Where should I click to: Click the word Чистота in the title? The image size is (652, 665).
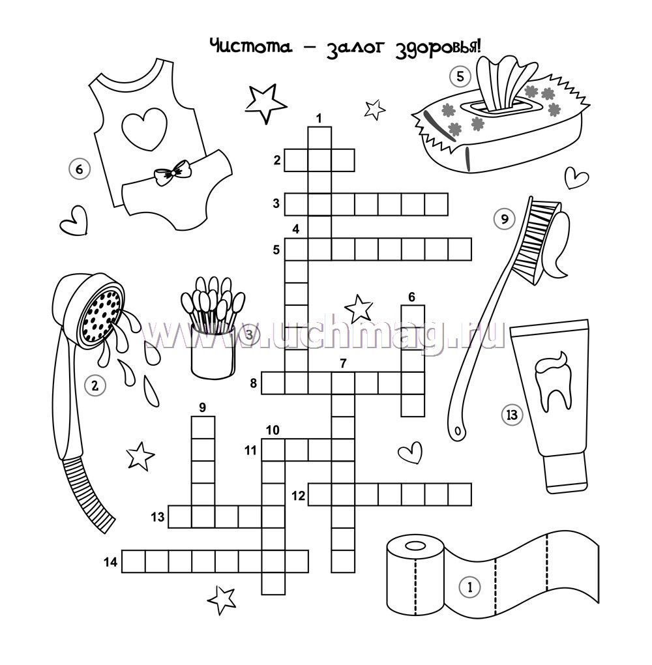(x=251, y=46)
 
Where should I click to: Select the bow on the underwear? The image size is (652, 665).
(x=172, y=172)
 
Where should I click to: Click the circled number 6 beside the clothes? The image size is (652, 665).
(x=80, y=170)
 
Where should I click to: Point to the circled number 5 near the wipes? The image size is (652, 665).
(x=460, y=77)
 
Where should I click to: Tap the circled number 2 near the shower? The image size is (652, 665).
(x=95, y=385)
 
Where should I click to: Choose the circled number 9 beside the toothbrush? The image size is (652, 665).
(x=505, y=219)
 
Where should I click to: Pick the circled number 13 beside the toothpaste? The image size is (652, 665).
(x=512, y=415)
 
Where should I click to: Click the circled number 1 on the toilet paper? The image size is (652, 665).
(x=469, y=587)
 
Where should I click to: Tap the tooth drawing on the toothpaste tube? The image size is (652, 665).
(x=552, y=381)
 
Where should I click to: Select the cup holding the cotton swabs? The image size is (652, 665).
(x=213, y=350)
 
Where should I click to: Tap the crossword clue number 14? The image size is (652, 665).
(x=110, y=563)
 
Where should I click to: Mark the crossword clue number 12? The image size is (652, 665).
(x=298, y=495)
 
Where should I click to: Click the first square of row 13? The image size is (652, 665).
(x=180, y=516)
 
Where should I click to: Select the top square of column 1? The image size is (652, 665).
(x=319, y=138)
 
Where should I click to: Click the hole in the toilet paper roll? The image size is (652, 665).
(x=414, y=546)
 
